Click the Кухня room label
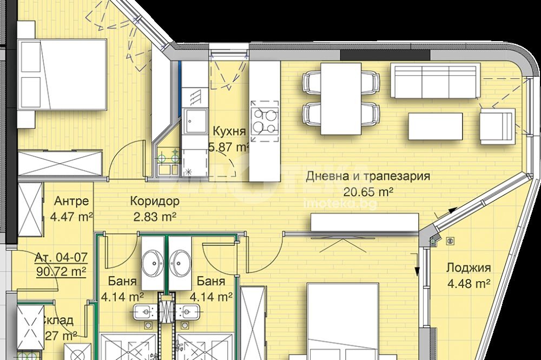pyautogui.click(x=229, y=131)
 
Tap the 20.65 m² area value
pyautogui.click(x=368, y=191)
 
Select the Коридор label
pyautogui.click(x=155, y=202)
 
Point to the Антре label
pyautogui.click(x=71, y=202)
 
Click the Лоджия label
pyautogui.click(x=469, y=268)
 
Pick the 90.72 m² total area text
pyautogui.click(x=61, y=271)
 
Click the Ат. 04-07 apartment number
pyautogui.click(x=61, y=257)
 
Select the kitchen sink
pyautogui.click(x=195, y=119)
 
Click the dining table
pyautogui.click(x=341, y=98)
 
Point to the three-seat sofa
pyautogui.click(x=436, y=81)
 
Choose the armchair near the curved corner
pyautogui.click(x=498, y=126)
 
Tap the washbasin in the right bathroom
pyautogui.click(x=181, y=263)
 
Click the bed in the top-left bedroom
pyautogui.click(x=62, y=75)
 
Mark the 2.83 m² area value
pyautogui.click(x=155, y=217)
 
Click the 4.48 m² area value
pyautogui.click(x=469, y=283)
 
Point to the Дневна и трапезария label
pyautogui.click(x=368, y=176)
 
